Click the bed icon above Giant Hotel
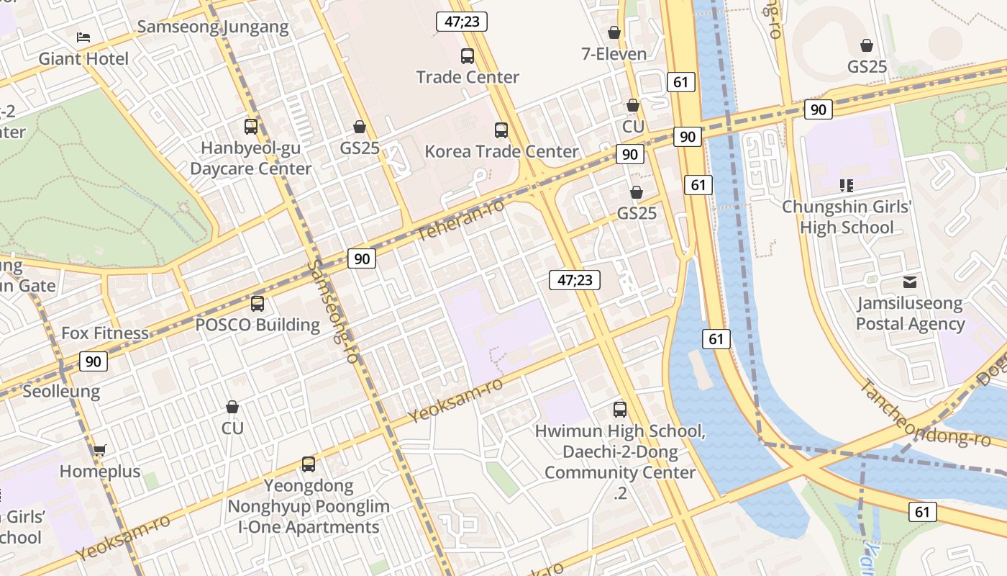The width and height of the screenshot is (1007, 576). [x=83, y=37]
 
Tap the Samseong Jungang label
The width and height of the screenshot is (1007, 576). [x=213, y=27]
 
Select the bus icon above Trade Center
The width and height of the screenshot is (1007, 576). [x=468, y=55]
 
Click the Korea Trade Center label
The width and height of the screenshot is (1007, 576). [x=501, y=152]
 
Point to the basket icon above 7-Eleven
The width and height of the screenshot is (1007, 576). [x=614, y=32]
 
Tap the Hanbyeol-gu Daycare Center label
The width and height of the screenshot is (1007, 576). [x=250, y=158]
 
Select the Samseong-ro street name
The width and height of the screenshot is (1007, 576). [x=333, y=310]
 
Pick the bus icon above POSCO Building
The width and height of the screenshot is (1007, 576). [x=258, y=304]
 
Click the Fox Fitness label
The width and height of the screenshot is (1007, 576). [x=105, y=333]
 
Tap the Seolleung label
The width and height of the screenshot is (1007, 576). [x=61, y=392]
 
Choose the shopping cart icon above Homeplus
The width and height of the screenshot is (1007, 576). [x=99, y=451]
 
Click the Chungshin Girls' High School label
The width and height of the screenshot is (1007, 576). [x=847, y=217]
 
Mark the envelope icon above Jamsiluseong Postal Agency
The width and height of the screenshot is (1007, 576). [x=910, y=282]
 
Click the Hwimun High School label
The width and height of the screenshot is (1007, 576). [x=619, y=431]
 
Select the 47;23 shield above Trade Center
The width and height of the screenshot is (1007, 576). [x=462, y=22]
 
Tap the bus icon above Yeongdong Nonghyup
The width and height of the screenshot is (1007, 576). [x=309, y=464]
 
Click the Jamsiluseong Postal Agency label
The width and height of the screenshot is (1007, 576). [x=910, y=314]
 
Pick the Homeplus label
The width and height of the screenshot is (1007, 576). [x=100, y=472]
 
